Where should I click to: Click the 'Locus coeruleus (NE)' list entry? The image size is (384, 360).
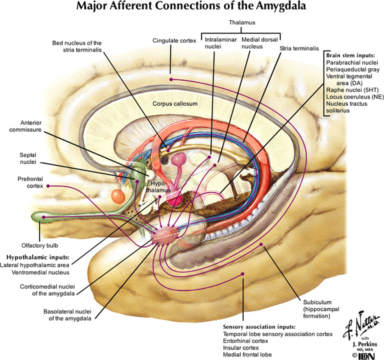click(x=352, y=96)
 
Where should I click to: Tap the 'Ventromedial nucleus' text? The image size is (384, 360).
click(x=34, y=272)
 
